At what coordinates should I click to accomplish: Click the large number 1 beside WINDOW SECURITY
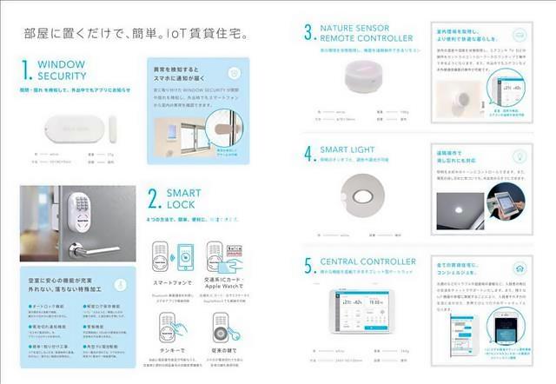[27, 71]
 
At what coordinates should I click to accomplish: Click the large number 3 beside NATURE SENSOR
[308, 33]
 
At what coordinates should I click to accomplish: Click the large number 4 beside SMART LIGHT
[308, 154]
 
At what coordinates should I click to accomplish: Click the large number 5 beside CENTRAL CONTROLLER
[308, 265]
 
